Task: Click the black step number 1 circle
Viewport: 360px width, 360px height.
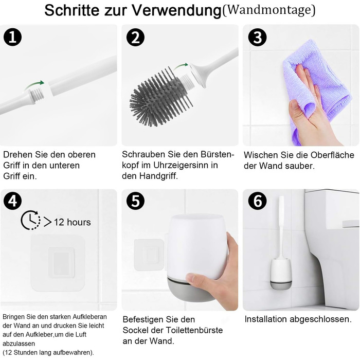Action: pyautogui.click(x=13, y=38)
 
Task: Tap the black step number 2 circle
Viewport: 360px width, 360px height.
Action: pyautogui.click(x=135, y=38)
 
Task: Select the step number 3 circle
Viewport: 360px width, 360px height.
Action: pyautogui.click(x=257, y=38)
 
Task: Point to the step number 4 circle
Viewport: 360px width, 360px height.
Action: pyautogui.click(x=13, y=201)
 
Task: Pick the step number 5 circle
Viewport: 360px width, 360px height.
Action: pyautogui.click(x=135, y=201)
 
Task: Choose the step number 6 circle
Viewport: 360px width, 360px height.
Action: pyautogui.click(x=257, y=201)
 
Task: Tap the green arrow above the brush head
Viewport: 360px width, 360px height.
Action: pyautogui.click(x=181, y=66)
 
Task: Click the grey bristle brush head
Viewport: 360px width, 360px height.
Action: pyautogui.click(x=160, y=97)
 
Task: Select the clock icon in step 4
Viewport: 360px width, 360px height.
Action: pyautogui.click(x=30, y=220)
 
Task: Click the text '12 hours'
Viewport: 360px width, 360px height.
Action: pyautogui.click(x=73, y=222)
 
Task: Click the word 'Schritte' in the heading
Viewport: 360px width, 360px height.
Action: pyautogui.click(x=73, y=10)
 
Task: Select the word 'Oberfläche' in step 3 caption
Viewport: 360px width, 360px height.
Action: pyautogui.click(x=332, y=155)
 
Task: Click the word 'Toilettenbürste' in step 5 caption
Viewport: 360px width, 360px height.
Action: pyautogui.click(x=194, y=330)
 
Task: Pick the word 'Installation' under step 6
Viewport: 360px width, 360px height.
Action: pyautogui.click(x=266, y=319)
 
